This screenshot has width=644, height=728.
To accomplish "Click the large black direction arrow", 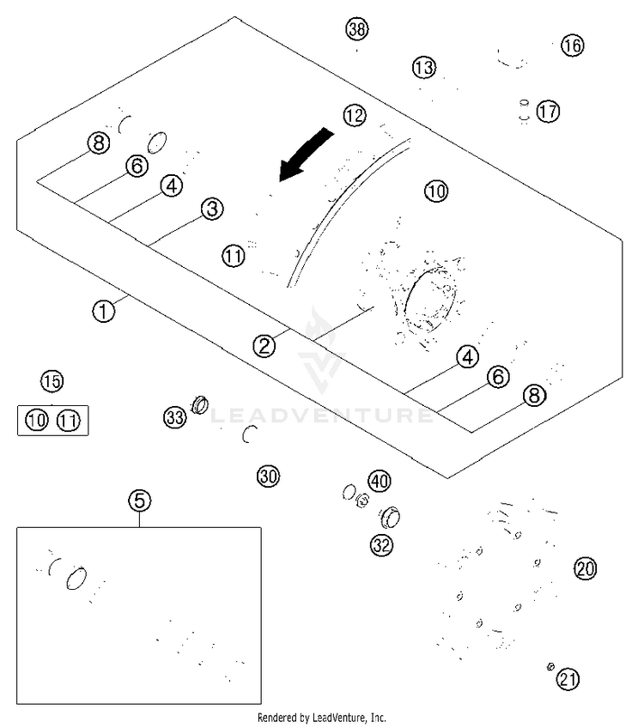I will [306, 154].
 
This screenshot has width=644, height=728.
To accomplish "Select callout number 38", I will [356, 28].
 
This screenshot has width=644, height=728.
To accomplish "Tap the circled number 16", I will [572, 45].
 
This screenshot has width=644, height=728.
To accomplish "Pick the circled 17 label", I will [548, 111].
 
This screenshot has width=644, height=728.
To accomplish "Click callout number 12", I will [354, 114].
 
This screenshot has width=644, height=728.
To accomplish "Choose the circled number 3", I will [212, 209].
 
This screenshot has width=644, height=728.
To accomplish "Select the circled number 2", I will [264, 346].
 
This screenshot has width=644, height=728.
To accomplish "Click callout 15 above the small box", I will [52, 380].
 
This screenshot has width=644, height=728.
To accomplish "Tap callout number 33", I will [175, 418].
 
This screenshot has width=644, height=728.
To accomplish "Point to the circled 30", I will [269, 476].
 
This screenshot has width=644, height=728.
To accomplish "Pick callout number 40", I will [379, 480].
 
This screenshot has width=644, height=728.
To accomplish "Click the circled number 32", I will [381, 543].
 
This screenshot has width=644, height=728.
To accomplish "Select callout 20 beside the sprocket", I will [585, 568].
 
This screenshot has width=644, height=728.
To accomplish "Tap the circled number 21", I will [567, 680].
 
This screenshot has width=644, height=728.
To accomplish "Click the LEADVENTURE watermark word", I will [322, 416].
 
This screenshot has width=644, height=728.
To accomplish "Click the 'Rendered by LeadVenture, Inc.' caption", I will [322, 717].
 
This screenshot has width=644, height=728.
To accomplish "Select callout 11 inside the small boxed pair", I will [69, 421].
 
